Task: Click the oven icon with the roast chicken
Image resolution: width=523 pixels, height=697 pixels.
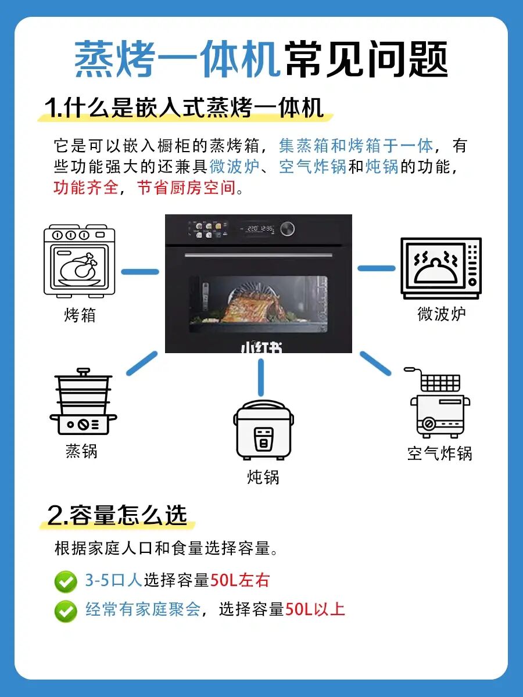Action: [80, 261]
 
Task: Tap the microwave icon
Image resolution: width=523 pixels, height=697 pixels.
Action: [440, 268]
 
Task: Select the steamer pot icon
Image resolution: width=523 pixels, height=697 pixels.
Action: [83, 401]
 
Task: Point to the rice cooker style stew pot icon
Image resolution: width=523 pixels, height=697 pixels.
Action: [263, 430]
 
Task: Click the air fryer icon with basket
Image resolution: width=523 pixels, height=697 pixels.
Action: [437, 403]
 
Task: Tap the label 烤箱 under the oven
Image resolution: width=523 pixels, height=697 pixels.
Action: [80, 315]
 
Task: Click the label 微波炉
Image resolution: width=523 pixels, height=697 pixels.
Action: [441, 314]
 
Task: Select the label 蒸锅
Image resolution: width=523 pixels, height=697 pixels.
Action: [81, 451]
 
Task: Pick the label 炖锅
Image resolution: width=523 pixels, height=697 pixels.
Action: [263, 477]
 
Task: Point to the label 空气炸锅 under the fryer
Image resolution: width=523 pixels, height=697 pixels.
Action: [440, 453]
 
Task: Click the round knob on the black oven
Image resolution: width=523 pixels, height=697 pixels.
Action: [288, 229]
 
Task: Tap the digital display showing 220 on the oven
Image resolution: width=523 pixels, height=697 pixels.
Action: [257, 228]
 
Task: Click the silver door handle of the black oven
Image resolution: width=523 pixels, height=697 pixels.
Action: [259, 255]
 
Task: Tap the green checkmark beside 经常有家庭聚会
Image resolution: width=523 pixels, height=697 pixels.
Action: [66, 611]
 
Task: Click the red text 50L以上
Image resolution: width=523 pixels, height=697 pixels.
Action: [316, 609]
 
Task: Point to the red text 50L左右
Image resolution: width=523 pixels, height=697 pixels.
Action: [240, 580]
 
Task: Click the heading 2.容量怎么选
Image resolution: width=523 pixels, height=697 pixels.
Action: [117, 515]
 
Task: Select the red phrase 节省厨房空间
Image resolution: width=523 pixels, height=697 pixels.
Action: [187, 188]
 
